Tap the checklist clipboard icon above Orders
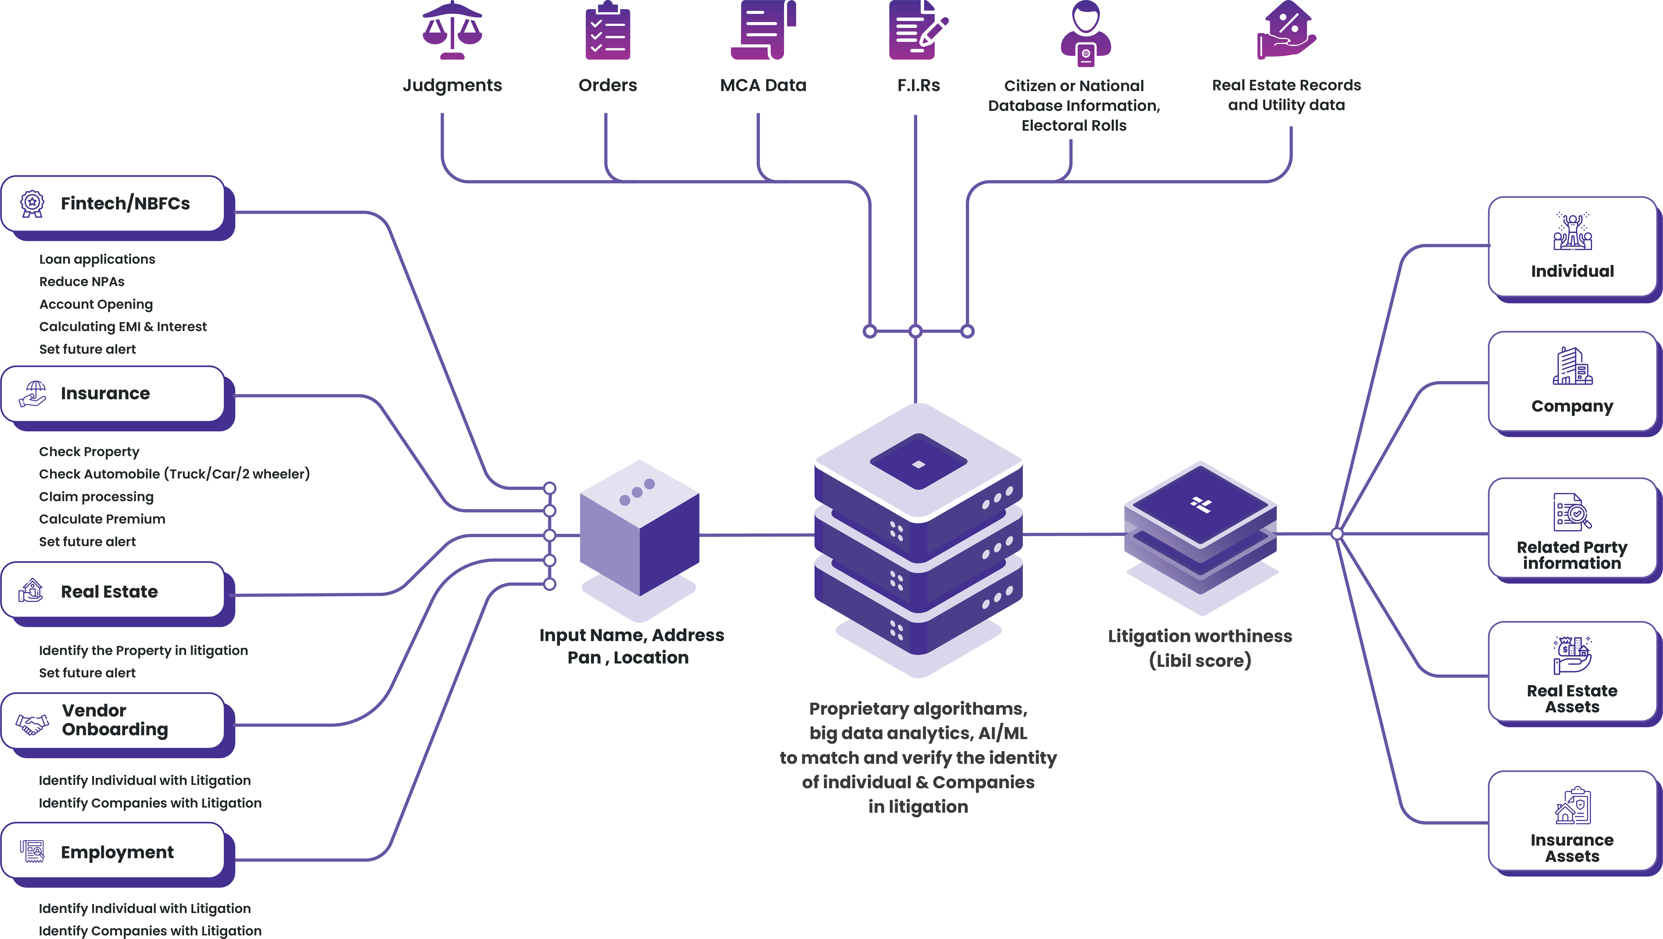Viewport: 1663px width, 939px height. pyautogui.click(x=607, y=31)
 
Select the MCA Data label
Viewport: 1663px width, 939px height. pyautogui.click(x=763, y=85)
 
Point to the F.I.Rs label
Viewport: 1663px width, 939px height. pyautogui.click(x=918, y=85)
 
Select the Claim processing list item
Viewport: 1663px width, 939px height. pyautogui.click(x=96, y=497)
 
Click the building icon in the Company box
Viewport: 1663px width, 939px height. pyautogui.click(x=1572, y=366)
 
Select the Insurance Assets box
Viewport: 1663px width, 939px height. pyautogui.click(x=1572, y=821)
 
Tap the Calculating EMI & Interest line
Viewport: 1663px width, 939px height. pyautogui.click(x=123, y=327)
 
